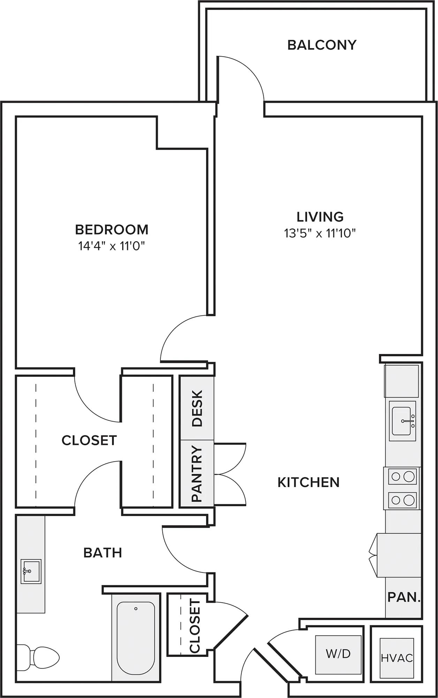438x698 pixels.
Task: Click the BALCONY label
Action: pos(322,45)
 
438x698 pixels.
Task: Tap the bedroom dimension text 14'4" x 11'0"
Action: pos(111,246)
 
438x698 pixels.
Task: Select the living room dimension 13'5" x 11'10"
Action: pos(320,233)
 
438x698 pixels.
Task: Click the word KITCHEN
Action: pos(308,483)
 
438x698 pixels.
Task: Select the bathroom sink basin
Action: pos(31,571)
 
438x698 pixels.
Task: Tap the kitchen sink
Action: pos(402,421)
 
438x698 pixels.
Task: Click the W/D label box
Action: pos(338,654)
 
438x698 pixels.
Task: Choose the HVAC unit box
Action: pos(397,658)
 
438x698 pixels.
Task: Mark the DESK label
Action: pos(197,408)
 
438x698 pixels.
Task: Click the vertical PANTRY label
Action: pos(197,474)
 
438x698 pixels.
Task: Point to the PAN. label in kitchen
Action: pos(403,597)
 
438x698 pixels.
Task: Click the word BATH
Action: pos(103,553)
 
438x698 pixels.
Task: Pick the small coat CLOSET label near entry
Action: pos(195,625)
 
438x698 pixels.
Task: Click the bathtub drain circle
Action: pos(136,609)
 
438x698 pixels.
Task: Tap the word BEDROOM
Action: pos(112,230)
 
